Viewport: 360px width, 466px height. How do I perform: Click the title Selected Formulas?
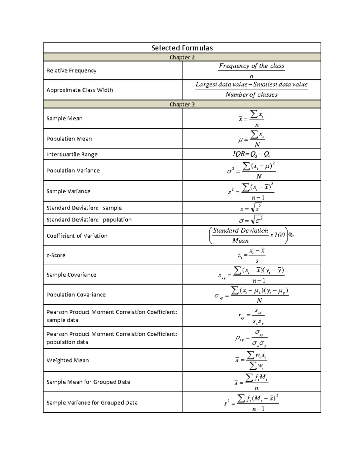click(x=182, y=48)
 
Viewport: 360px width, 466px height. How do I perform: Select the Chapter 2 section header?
click(x=182, y=57)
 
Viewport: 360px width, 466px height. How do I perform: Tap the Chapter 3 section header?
click(x=182, y=104)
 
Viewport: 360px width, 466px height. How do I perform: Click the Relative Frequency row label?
click(x=71, y=71)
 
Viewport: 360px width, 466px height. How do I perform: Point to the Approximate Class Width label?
click(x=80, y=90)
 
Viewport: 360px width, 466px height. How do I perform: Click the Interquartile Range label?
click(x=72, y=155)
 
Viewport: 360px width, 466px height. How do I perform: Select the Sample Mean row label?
click(x=64, y=119)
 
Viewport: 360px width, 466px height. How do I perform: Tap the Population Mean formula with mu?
click(x=251, y=139)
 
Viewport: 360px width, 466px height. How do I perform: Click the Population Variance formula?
click(x=251, y=170)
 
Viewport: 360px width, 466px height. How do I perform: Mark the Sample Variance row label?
click(x=68, y=191)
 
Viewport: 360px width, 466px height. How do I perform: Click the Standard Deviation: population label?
click(x=89, y=220)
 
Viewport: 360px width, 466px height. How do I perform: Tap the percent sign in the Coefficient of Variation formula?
click(x=291, y=235)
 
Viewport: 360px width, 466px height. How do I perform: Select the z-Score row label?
click(x=56, y=255)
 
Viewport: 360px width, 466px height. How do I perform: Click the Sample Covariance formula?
click(x=251, y=275)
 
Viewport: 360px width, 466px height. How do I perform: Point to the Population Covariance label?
click(x=76, y=295)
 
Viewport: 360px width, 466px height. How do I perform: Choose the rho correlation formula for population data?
click(x=251, y=338)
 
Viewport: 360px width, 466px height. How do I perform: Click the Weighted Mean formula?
click(x=251, y=360)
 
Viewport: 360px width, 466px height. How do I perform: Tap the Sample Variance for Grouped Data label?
click(x=92, y=403)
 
